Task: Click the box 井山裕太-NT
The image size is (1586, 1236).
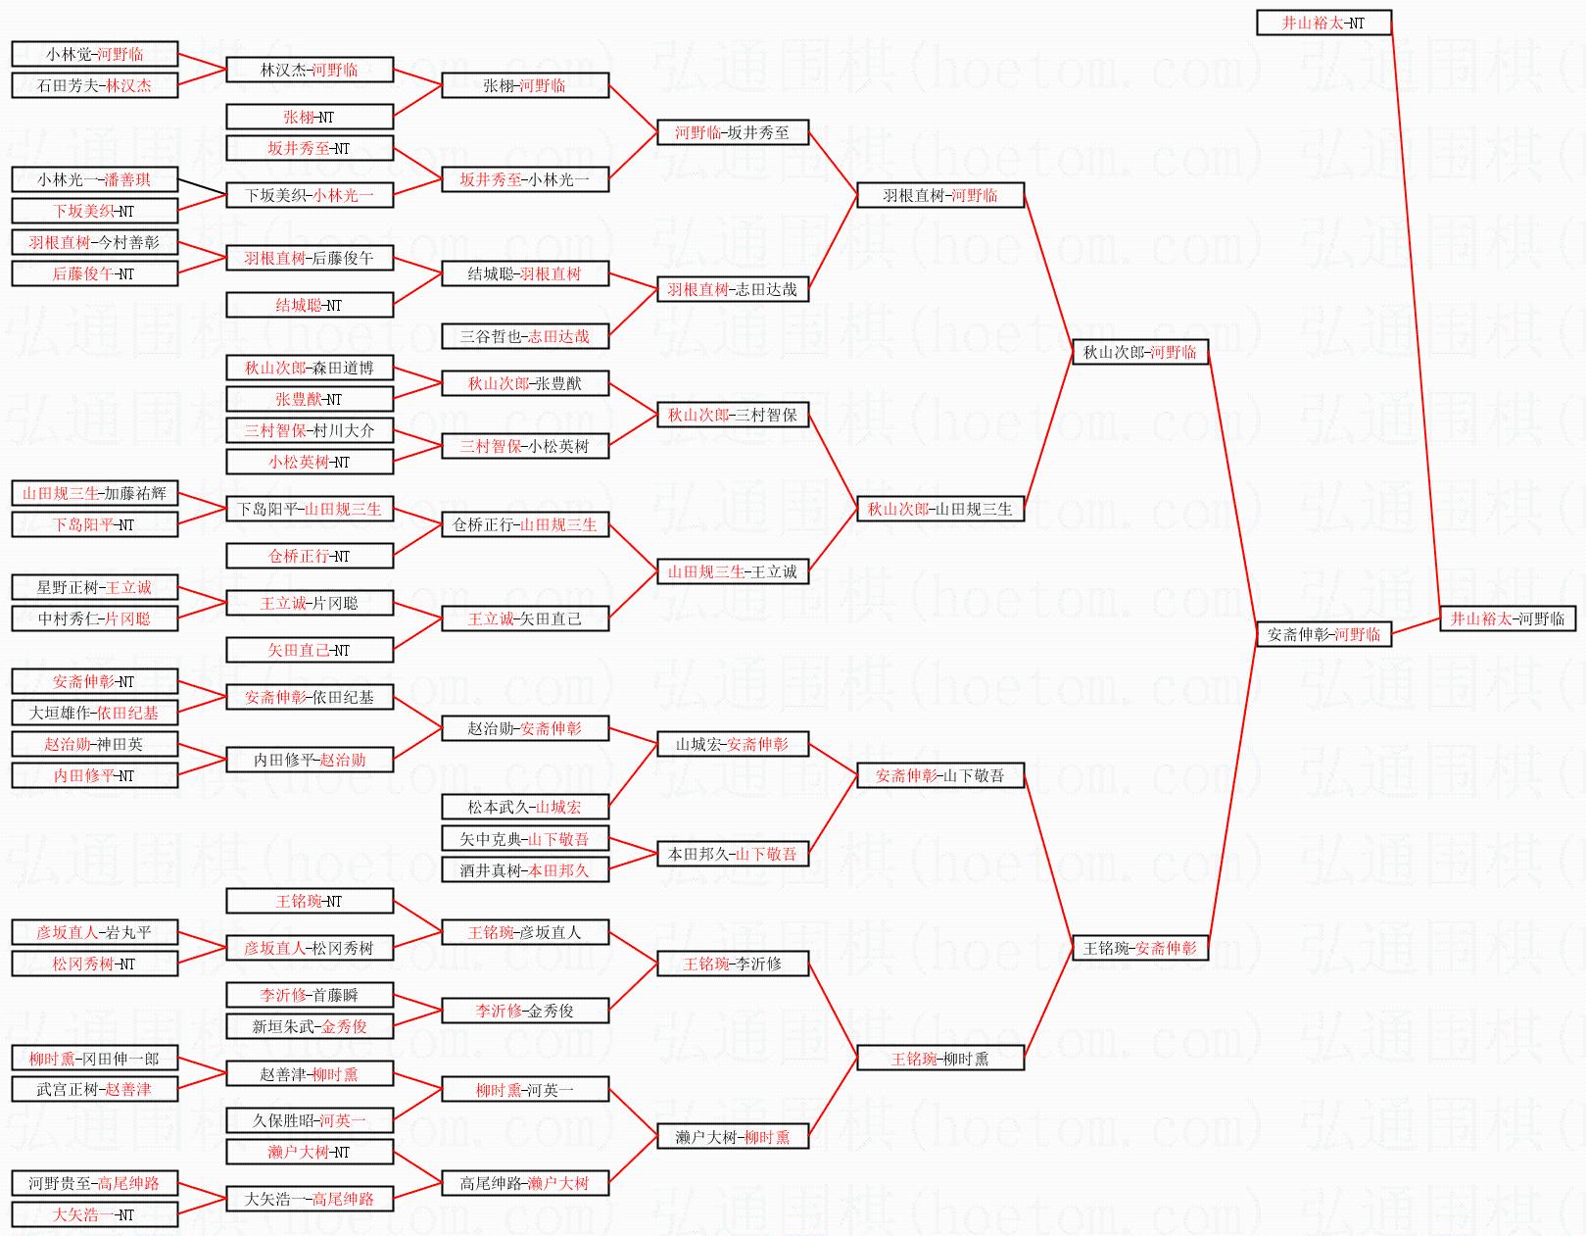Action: [1323, 23]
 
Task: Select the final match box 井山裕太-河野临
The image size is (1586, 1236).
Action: [1507, 618]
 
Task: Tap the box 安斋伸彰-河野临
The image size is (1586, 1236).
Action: [1323, 634]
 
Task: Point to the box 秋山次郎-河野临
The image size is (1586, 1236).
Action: [1139, 352]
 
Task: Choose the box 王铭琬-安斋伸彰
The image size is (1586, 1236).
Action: [1139, 948]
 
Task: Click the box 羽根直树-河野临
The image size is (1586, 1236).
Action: [939, 195]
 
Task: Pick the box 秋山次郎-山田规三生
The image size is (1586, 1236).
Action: [939, 509]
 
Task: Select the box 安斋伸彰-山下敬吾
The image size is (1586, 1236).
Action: [939, 775]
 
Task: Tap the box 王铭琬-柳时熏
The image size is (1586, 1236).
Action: [939, 1058]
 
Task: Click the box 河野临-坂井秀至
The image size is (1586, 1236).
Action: [732, 132]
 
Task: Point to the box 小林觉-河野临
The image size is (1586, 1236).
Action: [94, 54]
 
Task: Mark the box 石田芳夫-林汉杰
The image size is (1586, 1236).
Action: [94, 85]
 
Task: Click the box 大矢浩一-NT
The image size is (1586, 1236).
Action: [94, 1214]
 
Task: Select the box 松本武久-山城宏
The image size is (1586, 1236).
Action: [524, 807]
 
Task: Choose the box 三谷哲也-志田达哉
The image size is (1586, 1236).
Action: [524, 336]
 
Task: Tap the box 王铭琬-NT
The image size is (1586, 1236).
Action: [309, 901]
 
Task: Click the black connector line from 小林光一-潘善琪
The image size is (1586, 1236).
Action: [203, 187]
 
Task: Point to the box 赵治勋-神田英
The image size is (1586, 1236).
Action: [94, 744]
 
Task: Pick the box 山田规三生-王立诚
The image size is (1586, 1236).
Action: [732, 571]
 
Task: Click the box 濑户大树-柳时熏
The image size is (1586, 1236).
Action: [732, 1137]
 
